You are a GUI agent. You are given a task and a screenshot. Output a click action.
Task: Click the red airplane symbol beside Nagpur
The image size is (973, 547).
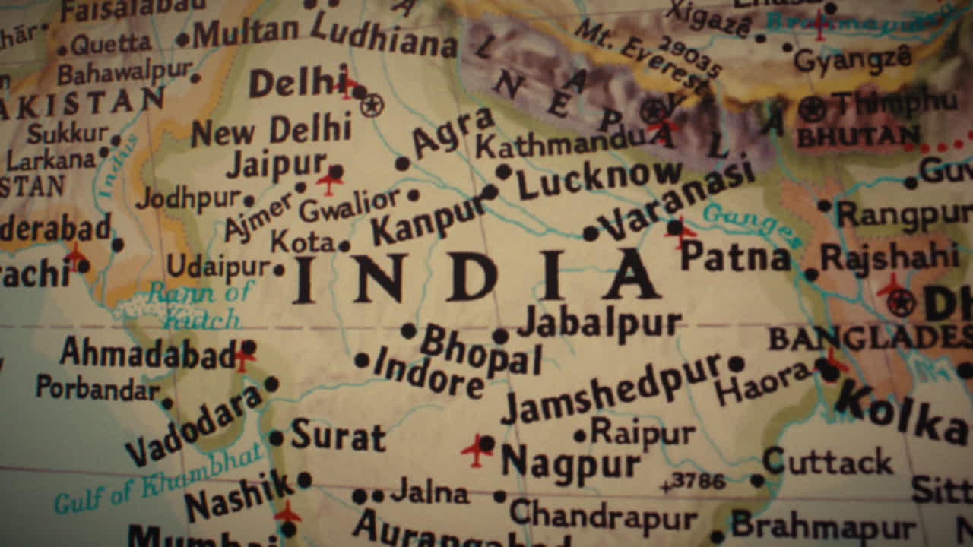(x=476, y=450)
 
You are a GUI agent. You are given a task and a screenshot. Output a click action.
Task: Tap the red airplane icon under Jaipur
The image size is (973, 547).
(x=330, y=183)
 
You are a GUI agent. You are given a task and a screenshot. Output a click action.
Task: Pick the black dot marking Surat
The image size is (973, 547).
(x=276, y=438)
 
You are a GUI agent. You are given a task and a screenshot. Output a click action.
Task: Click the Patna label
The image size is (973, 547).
(x=735, y=258)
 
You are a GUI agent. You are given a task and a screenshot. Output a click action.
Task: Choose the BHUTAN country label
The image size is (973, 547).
(x=857, y=138)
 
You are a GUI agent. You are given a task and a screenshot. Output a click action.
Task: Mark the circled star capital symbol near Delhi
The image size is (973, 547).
(x=372, y=105)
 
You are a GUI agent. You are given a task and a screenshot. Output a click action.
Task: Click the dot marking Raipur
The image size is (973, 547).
(x=580, y=436)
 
